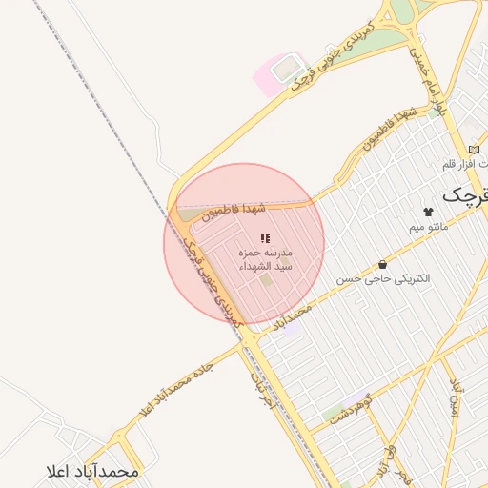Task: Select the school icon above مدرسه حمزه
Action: coord(266,238)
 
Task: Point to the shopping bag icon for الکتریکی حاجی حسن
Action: coord(382,264)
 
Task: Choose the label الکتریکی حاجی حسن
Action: coord(382,279)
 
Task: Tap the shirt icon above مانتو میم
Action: coord(427,212)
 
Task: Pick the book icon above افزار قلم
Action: coord(474,150)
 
